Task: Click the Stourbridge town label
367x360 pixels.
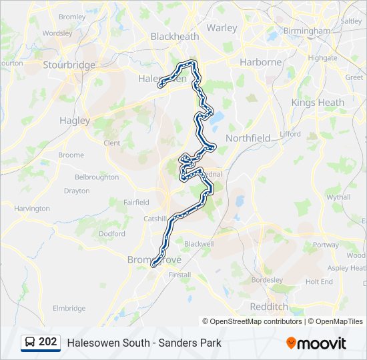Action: tap(69, 65)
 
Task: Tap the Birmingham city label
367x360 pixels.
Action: tap(306, 31)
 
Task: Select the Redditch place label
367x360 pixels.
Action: tap(268, 306)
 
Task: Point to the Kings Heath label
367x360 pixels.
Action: tap(318, 103)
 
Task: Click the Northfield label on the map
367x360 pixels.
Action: tap(248, 138)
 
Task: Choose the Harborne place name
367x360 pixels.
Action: tap(260, 62)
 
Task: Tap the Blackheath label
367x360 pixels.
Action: tap(175, 37)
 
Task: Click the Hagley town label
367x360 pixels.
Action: tap(74, 121)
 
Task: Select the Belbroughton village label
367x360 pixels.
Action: tap(97, 177)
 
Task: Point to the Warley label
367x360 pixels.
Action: tap(222, 28)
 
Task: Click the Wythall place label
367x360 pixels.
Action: tap(338, 197)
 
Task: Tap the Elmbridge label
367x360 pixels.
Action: tap(69, 308)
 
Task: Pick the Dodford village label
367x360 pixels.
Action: tap(111, 234)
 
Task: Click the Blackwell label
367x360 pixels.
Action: tap(199, 244)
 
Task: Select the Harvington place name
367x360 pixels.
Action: tap(32, 209)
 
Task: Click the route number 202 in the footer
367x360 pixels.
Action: tap(47, 342)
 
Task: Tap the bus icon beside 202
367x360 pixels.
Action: tap(30, 343)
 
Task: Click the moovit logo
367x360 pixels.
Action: tap(316, 343)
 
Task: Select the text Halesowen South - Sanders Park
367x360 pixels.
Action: tap(143, 343)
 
